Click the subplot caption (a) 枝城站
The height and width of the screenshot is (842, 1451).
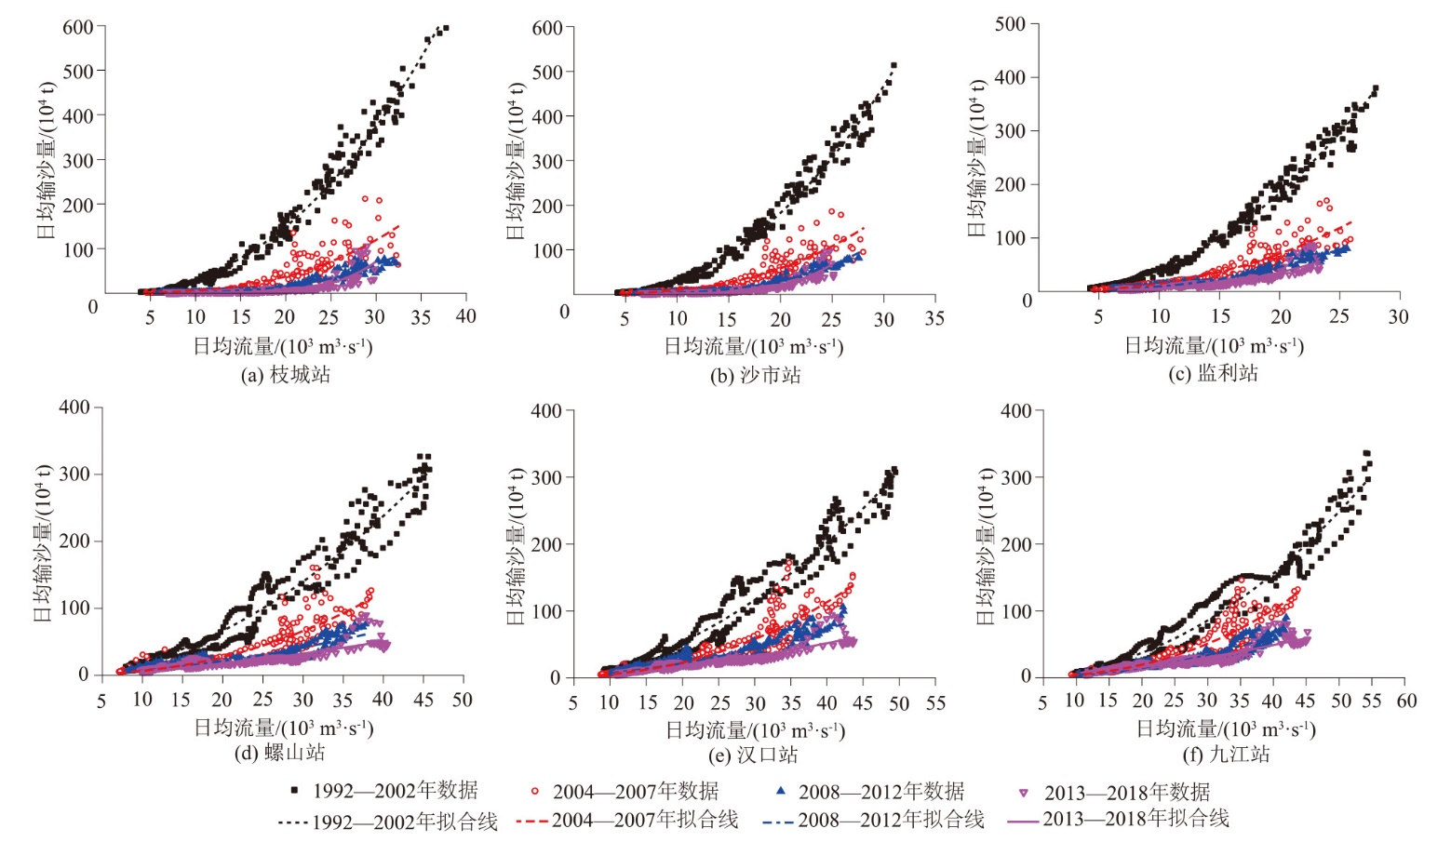[x=285, y=375]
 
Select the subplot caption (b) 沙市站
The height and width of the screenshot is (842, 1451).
[x=755, y=375]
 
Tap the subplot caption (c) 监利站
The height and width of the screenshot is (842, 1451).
[x=1213, y=373]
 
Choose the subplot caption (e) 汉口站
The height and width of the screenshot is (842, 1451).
[x=752, y=754]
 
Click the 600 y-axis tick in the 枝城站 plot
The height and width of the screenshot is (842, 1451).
[x=78, y=27]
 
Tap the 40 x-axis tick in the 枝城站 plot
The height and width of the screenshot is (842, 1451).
[x=465, y=317]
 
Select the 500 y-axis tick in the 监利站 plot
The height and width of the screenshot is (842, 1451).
[x=1010, y=24]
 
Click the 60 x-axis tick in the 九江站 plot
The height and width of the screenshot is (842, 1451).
[x=1406, y=701]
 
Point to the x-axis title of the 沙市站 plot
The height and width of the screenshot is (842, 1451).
[x=753, y=347]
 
